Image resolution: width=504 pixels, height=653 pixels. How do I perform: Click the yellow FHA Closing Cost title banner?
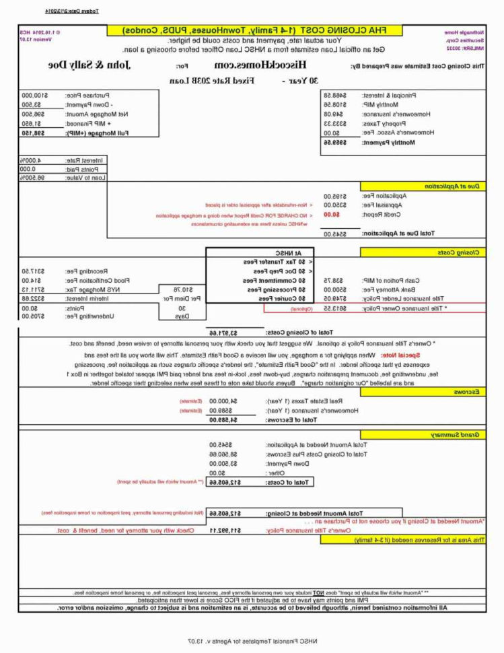[255, 31]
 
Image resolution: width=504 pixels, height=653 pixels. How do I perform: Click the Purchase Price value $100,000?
[39, 96]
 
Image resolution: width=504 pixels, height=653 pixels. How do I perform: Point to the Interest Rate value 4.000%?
[48, 160]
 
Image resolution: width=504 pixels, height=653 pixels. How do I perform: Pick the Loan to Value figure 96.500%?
[48, 178]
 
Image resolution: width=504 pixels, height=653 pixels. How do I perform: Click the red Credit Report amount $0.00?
[332, 214]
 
